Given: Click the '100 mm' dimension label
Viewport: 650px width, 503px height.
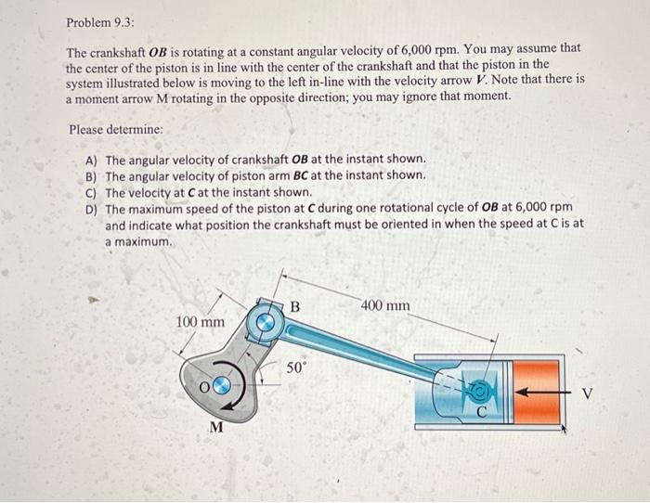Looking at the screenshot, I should point(200,321).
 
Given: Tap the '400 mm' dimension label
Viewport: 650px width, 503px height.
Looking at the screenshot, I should point(385,305).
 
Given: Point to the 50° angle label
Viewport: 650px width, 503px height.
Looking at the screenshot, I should point(295,368).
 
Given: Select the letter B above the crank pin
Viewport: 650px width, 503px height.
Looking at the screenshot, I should point(295,305).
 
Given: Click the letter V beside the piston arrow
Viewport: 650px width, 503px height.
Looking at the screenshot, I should point(586,393).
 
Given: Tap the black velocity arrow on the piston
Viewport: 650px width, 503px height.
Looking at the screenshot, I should point(539,391).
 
